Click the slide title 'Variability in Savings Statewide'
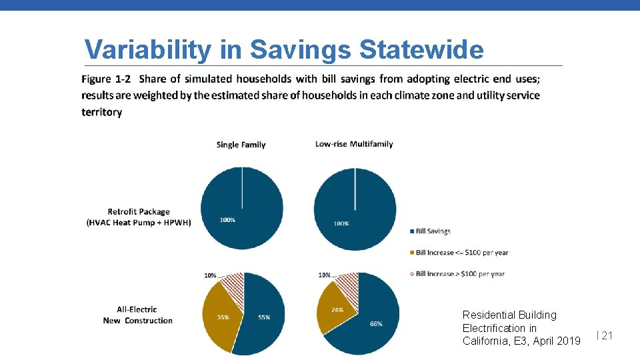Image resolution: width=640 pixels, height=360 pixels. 283,50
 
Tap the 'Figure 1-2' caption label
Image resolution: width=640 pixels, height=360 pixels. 106,79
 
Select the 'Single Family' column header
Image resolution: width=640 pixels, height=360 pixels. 241,145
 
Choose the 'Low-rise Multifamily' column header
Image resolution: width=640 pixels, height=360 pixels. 354,144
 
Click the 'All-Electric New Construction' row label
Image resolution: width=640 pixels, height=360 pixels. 137,315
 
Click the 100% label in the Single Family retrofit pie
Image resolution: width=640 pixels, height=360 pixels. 227,220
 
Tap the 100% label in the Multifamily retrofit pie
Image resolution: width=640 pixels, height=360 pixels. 341,223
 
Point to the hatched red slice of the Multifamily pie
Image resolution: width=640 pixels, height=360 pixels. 347,285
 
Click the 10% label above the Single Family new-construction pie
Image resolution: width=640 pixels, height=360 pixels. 210,275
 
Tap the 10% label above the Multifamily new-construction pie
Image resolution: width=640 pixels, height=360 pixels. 325,275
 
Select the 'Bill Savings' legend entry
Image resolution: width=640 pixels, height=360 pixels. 433,231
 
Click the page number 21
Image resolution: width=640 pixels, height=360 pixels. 607,336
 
